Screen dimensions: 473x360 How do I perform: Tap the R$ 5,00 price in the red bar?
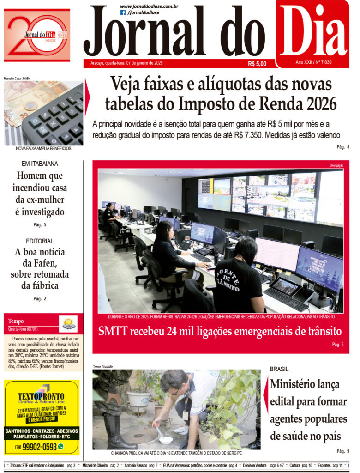(x=257, y=64)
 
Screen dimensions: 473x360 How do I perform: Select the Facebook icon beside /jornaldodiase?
(x=123, y=12)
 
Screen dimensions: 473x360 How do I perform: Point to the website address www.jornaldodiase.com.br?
(x=149, y=6)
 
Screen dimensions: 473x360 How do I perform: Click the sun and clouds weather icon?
(x=68, y=324)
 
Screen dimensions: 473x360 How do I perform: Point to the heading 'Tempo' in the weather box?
(x=16, y=321)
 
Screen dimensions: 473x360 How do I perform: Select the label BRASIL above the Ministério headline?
(x=279, y=369)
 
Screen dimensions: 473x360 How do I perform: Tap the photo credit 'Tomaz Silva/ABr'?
(x=102, y=367)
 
